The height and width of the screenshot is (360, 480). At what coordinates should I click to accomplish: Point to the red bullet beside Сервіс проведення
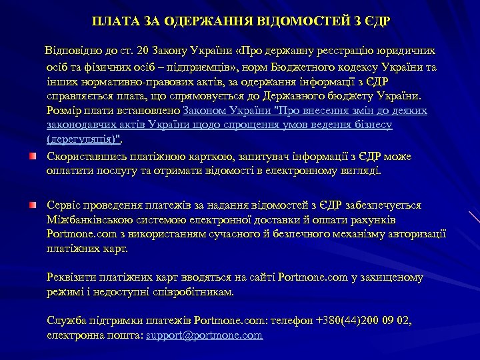click(x=31, y=203)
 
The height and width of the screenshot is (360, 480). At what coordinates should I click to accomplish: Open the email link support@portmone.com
click(x=204, y=335)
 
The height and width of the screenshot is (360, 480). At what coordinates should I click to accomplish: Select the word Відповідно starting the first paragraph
click(x=71, y=51)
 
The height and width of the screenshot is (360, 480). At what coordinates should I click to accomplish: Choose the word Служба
click(x=65, y=321)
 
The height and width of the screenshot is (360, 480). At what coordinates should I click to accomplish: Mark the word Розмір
click(x=63, y=110)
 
